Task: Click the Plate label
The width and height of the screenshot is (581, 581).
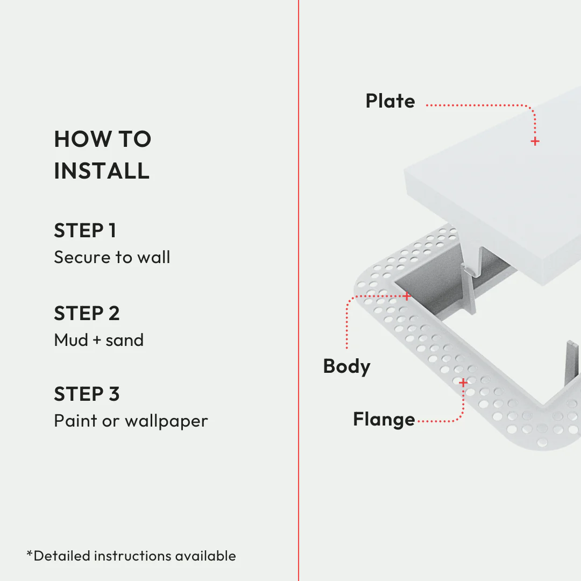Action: coord(390,101)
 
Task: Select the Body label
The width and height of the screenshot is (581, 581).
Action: coord(346,366)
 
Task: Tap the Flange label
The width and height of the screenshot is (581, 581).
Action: coord(384,420)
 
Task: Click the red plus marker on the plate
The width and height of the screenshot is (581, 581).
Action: coord(535,141)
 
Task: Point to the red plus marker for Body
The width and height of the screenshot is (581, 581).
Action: coord(407,296)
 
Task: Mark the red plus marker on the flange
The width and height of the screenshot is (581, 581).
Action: coord(463,382)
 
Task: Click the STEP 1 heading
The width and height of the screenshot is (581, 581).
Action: coord(85,231)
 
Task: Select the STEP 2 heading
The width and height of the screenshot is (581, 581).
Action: coord(87,313)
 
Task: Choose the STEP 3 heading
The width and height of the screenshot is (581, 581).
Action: coord(87,394)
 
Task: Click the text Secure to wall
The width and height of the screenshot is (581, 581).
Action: coord(112,257)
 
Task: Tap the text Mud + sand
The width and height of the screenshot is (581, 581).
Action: coord(99,340)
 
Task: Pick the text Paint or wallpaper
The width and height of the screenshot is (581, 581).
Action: coord(131,421)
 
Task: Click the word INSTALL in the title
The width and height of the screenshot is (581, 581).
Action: coord(102,171)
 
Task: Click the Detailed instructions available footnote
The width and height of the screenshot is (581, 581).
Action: coord(131,556)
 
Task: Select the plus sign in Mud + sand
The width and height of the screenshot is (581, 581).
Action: coord(96,341)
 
